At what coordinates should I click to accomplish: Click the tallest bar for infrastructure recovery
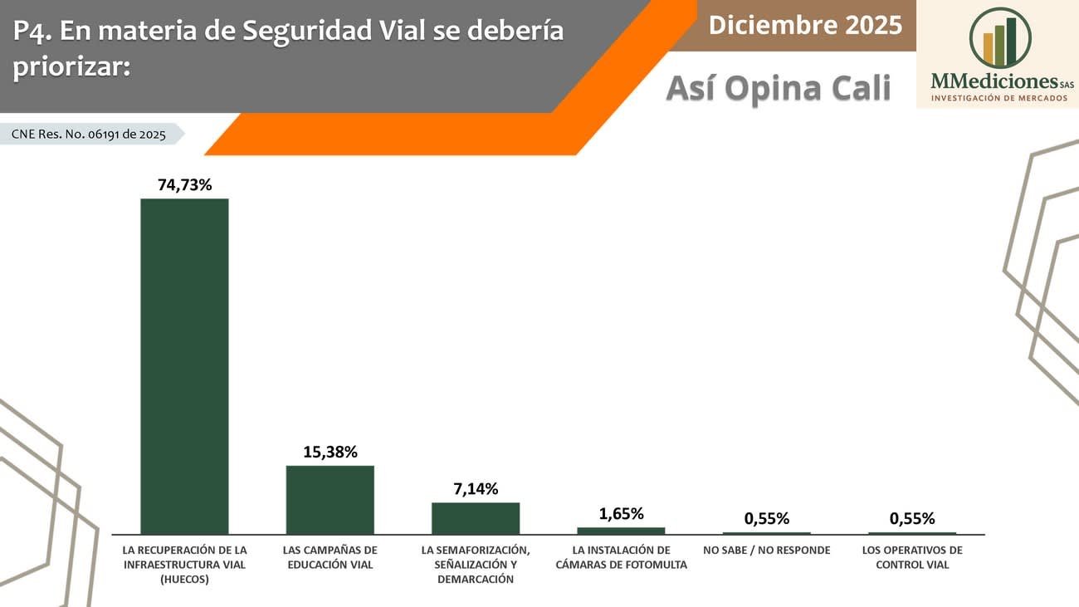184,365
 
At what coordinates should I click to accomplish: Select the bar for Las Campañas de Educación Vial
330,499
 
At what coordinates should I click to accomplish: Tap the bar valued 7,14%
476,517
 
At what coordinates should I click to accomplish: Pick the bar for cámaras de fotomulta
621,530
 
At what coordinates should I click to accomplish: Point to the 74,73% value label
185,184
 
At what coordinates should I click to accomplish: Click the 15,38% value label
330,452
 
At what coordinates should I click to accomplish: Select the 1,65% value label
621,513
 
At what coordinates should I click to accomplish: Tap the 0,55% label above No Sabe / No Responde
766,519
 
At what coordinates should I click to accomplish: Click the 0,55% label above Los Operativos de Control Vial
912,519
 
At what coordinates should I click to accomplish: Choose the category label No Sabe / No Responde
766,550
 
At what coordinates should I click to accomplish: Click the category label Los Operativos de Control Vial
912,557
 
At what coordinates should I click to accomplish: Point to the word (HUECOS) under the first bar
184,580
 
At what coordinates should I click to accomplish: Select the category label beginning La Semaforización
476,564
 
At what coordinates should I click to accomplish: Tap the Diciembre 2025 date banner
804,25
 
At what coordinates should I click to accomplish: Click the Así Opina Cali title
778,87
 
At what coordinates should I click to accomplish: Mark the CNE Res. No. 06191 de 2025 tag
89,134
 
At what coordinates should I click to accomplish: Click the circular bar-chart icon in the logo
999,38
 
